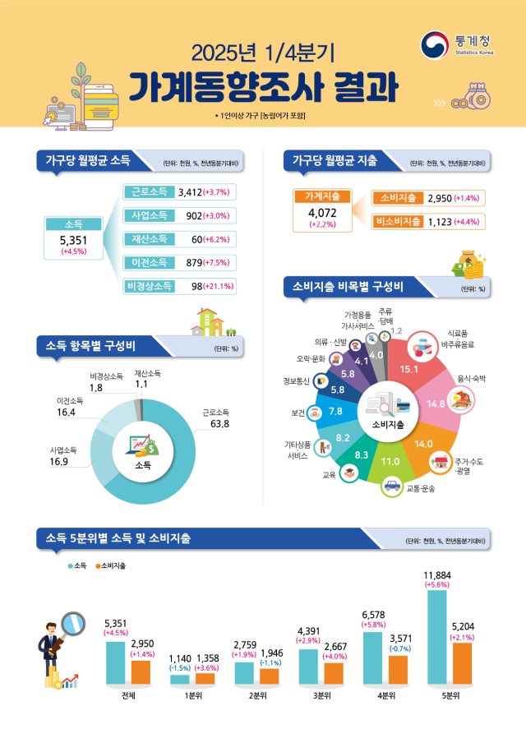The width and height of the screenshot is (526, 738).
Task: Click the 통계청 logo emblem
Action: pyautogui.click(x=435, y=44)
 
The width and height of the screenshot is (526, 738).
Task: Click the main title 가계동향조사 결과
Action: pyautogui.click(x=263, y=86)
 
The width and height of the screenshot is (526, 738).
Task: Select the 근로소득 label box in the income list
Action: pyautogui.click(x=149, y=191)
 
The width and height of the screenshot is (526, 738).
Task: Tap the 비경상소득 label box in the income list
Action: pyautogui.click(x=149, y=286)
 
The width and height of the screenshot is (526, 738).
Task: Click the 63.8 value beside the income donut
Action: pyautogui.click(x=219, y=424)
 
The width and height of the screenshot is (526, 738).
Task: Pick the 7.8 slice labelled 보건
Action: pyautogui.click(x=335, y=410)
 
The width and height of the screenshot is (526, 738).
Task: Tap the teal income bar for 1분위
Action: pyautogui.click(x=179, y=680)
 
